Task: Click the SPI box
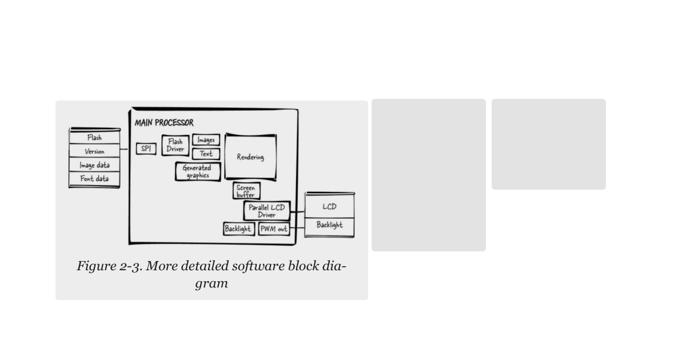(x=146, y=149)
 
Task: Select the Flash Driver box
(x=175, y=146)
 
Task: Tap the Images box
(x=206, y=140)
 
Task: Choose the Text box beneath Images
(x=206, y=154)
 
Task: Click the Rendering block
(x=250, y=157)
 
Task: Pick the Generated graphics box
(x=197, y=171)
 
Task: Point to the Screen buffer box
(x=246, y=191)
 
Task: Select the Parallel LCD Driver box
(x=266, y=211)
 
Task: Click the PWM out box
(x=273, y=229)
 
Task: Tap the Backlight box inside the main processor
(x=238, y=229)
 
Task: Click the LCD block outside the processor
(x=329, y=206)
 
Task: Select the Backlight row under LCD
(x=329, y=225)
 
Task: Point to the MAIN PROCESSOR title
(x=164, y=123)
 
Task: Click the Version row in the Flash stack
(x=94, y=151)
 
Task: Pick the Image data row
(x=94, y=165)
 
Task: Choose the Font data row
(x=94, y=179)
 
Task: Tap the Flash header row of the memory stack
(x=94, y=138)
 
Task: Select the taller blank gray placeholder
(x=428, y=175)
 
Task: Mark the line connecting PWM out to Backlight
(x=297, y=229)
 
